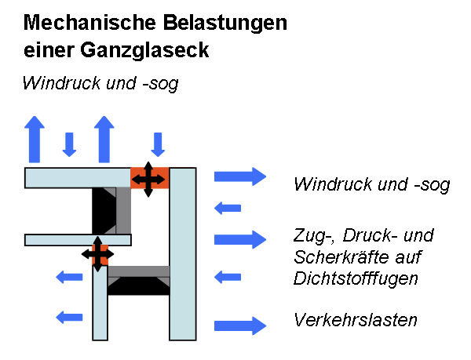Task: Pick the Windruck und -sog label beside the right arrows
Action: (x=371, y=185)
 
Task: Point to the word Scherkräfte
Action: (x=338, y=256)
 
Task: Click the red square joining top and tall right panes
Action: (x=149, y=178)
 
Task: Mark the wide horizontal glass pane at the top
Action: (x=78, y=177)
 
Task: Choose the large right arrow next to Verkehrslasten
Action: (x=240, y=324)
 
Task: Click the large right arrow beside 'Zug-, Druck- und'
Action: (x=240, y=239)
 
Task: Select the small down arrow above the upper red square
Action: (x=158, y=144)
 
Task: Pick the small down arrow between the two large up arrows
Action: (x=69, y=144)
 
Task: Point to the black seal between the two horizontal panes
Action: (x=104, y=211)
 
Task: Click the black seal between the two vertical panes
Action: (x=137, y=285)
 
